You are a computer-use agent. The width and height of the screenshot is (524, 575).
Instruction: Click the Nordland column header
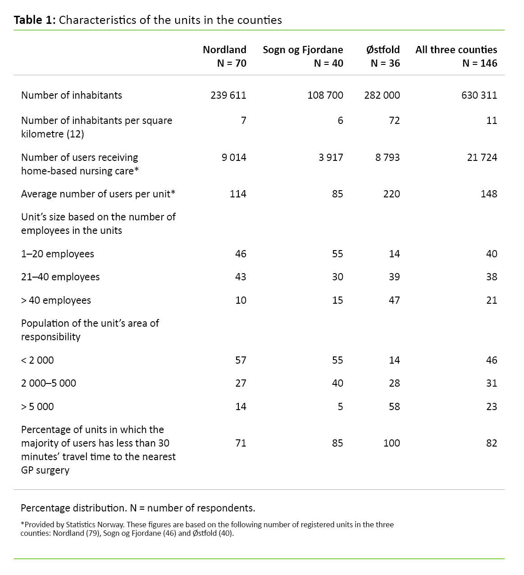224,50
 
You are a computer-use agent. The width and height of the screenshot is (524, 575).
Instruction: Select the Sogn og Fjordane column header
303,50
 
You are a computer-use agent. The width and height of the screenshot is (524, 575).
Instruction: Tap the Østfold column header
383,50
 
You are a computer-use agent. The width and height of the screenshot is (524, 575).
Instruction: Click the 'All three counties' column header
456,50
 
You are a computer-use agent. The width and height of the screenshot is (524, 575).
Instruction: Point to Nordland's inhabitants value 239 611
228,95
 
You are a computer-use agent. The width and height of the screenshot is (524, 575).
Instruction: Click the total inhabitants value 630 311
479,95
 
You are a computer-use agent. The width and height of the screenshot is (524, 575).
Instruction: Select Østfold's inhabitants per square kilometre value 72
394,120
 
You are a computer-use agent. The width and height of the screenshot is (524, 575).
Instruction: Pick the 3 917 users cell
331,157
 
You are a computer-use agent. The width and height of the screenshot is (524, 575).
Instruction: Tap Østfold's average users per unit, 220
392,194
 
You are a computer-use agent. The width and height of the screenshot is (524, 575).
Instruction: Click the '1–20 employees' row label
58,254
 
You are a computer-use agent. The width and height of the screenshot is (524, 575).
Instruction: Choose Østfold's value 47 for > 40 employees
394,300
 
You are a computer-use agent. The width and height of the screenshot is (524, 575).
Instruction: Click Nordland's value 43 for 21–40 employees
241,277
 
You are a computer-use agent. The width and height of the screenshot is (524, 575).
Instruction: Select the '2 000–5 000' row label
49,383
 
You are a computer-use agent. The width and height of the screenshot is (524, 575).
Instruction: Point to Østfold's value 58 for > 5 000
394,406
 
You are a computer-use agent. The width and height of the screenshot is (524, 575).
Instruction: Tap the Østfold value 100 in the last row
392,443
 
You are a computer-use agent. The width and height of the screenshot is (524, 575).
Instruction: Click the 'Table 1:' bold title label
35,20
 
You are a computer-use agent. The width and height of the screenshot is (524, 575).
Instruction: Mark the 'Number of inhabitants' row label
72,95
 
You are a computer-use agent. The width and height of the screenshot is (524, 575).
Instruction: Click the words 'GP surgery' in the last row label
46,470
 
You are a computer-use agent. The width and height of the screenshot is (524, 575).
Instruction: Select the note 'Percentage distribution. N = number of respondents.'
138,508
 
